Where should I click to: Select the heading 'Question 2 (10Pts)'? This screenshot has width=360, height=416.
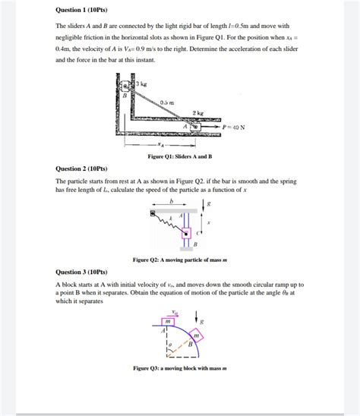pyautogui.click(x=82, y=169)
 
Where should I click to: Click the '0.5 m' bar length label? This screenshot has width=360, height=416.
pyautogui.click(x=166, y=102)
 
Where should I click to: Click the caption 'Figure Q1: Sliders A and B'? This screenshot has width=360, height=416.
pyautogui.click(x=179, y=156)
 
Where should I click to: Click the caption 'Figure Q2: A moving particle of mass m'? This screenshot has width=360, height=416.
pyautogui.click(x=179, y=260)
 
